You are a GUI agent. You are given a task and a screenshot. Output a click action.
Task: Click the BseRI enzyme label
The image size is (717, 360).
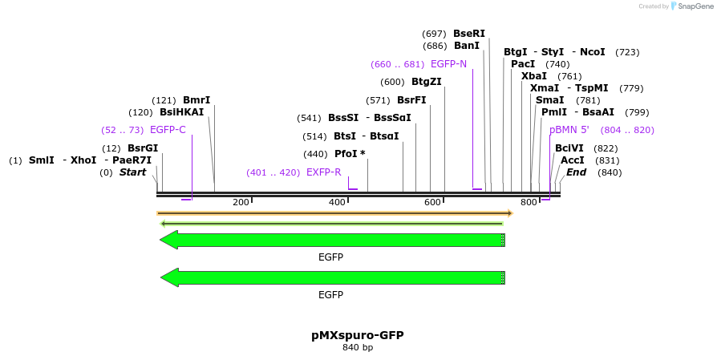[469, 34]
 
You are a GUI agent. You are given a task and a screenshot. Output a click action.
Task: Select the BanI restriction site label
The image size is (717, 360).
[467, 46]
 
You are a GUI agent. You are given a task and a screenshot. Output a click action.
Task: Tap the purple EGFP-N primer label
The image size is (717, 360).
[448, 64]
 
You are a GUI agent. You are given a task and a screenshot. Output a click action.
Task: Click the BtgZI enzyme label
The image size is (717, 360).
[427, 82]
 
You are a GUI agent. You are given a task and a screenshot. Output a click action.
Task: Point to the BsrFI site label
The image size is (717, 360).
[411, 100]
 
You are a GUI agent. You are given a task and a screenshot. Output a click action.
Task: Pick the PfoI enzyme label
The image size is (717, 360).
[346, 154]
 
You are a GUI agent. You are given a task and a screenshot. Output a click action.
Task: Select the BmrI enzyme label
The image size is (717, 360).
[196, 100]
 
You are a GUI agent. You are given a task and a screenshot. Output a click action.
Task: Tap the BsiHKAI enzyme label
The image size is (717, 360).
[182, 112]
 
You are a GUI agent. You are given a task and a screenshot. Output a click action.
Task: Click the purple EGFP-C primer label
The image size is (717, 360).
[168, 130]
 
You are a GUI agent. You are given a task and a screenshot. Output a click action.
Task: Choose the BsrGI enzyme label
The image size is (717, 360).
[143, 148]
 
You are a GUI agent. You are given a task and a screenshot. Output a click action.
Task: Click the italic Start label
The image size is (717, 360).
[133, 172]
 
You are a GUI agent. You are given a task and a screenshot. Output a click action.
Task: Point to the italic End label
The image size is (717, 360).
[577, 172]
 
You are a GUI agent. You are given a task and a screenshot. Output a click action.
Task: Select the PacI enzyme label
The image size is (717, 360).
[523, 64]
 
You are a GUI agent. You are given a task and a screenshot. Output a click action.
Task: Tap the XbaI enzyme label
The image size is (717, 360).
[534, 76]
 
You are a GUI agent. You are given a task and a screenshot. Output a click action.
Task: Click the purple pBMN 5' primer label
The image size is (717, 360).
[569, 130]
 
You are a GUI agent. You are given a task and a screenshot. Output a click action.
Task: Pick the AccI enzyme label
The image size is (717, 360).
[573, 160]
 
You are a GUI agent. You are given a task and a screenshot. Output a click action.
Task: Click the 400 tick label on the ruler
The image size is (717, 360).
[337, 202]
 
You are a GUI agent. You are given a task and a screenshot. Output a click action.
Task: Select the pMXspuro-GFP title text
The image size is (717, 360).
[358, 335]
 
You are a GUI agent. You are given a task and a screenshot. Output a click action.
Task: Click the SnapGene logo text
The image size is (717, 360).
[695, 6]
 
